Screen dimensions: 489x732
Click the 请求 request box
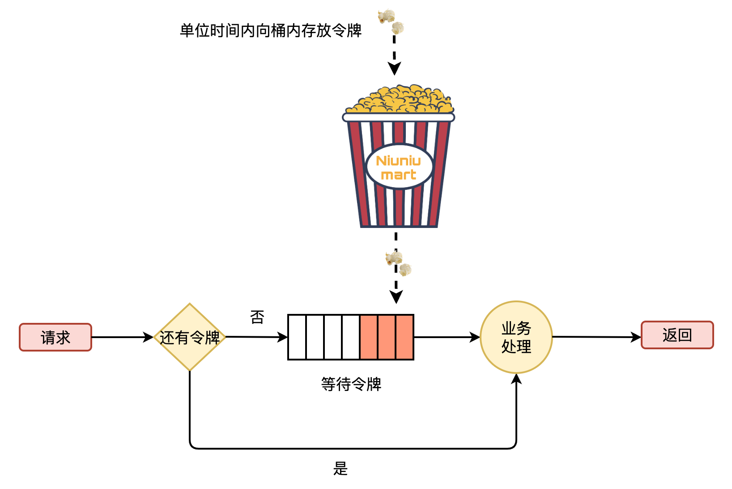click(55, 337)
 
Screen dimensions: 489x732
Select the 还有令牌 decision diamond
click(190, 337)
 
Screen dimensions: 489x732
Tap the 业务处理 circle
click(516, 337)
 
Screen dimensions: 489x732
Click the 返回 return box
click(677, 335)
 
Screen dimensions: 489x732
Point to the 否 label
click(257, 317)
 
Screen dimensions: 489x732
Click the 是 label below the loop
click(340, 468)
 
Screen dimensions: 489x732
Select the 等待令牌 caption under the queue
click(351, 384)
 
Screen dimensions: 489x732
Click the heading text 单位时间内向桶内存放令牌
click(271, 30)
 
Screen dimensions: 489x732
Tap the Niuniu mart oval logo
click(399, 167)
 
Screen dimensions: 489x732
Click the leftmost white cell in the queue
click(297, 337)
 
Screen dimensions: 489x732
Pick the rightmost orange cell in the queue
click(404, 337)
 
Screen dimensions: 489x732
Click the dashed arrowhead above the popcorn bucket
click(394, 69)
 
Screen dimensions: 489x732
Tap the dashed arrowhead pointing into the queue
click(396, 296)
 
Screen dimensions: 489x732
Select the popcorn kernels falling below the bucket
click(398, 264)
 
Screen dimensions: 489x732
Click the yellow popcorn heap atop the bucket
click(399, 99)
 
